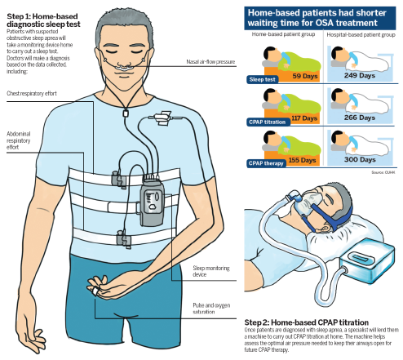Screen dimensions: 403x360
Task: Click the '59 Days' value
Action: click(x=305, y=76)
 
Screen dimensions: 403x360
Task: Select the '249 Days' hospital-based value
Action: click(x=360, y=75)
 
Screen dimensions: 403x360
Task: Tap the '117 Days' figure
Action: click(x=304, y=118)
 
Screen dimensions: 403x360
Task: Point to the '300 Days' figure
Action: click(x=360, y=159)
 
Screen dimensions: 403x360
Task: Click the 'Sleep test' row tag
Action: click(x=263, y=79)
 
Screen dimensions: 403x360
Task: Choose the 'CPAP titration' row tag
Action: click(x=268, y=122)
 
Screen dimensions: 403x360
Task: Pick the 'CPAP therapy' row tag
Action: click(x=266, y=163)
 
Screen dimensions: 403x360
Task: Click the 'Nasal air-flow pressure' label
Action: click(x=210, y=62)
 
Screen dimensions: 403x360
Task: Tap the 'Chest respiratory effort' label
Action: click(x=32, y=94)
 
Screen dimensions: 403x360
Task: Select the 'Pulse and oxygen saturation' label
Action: click(x=211, y=309)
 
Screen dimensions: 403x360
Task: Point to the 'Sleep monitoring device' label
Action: click(x=211, y=271)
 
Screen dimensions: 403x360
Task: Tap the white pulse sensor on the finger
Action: click(x=95, y=291)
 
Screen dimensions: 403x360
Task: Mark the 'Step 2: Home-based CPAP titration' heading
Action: click(x=307, y=322)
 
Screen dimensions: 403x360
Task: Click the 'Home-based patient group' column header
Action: click(x=283, y=34)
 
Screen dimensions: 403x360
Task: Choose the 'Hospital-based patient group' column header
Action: click(x=361, y=35)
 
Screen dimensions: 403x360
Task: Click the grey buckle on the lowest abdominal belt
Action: click(x=124, y=239)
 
